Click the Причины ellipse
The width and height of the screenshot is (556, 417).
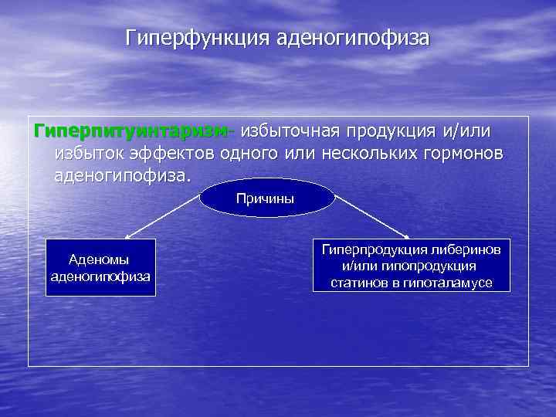266,198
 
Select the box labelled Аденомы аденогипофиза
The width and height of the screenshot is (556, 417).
100,267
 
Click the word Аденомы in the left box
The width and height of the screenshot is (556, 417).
99,259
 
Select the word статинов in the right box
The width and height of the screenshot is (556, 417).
358,283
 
